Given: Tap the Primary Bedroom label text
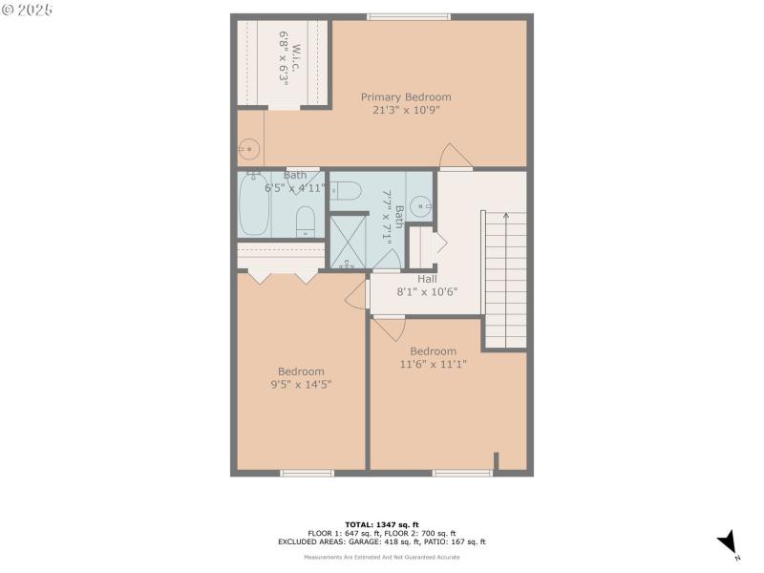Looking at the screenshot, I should (406, 96).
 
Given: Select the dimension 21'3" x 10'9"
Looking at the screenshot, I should (406, 110).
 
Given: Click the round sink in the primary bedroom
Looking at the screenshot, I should (248, 148).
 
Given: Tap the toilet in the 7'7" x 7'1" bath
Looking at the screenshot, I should (346, 192).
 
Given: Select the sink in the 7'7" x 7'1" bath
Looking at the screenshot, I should (421, 204).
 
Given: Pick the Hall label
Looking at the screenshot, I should (427, 279).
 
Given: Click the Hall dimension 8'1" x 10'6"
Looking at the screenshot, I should (427, 292).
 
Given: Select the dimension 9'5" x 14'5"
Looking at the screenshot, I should (301, 385).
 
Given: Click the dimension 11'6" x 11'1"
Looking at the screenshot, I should (433, 364).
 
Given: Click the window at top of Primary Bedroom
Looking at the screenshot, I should (408, 16).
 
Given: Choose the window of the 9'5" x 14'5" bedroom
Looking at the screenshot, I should (307, 473).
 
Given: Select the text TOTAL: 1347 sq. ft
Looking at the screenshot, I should (381, 524).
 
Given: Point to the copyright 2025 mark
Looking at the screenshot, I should (28, 10).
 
